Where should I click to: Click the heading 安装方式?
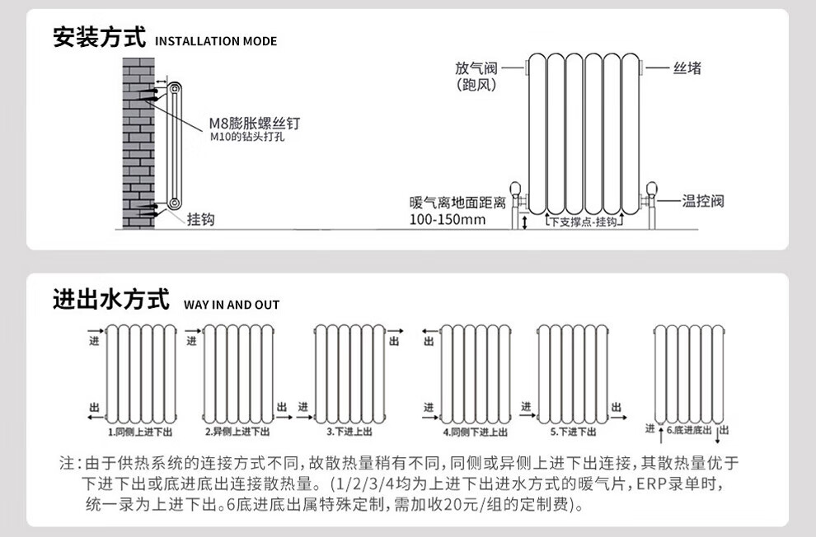click(x=99, y=39)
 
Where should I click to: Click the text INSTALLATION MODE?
click(x=216, y=41)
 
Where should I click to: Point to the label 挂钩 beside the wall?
click(x=200, y=219)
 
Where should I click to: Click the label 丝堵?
click(x=687, y=68)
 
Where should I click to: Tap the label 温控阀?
click(x=703, y=201)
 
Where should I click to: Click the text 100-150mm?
click(x=448, y=220)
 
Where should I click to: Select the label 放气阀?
click(x=476, y=68)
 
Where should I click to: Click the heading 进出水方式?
click(x=110, y=299)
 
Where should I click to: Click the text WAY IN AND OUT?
click(x=232, y=305)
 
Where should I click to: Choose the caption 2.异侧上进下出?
click(x=237, y=432)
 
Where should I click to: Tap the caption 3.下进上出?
click(x=349, y=432)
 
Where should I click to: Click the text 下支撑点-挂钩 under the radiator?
click(x=583, y=222)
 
